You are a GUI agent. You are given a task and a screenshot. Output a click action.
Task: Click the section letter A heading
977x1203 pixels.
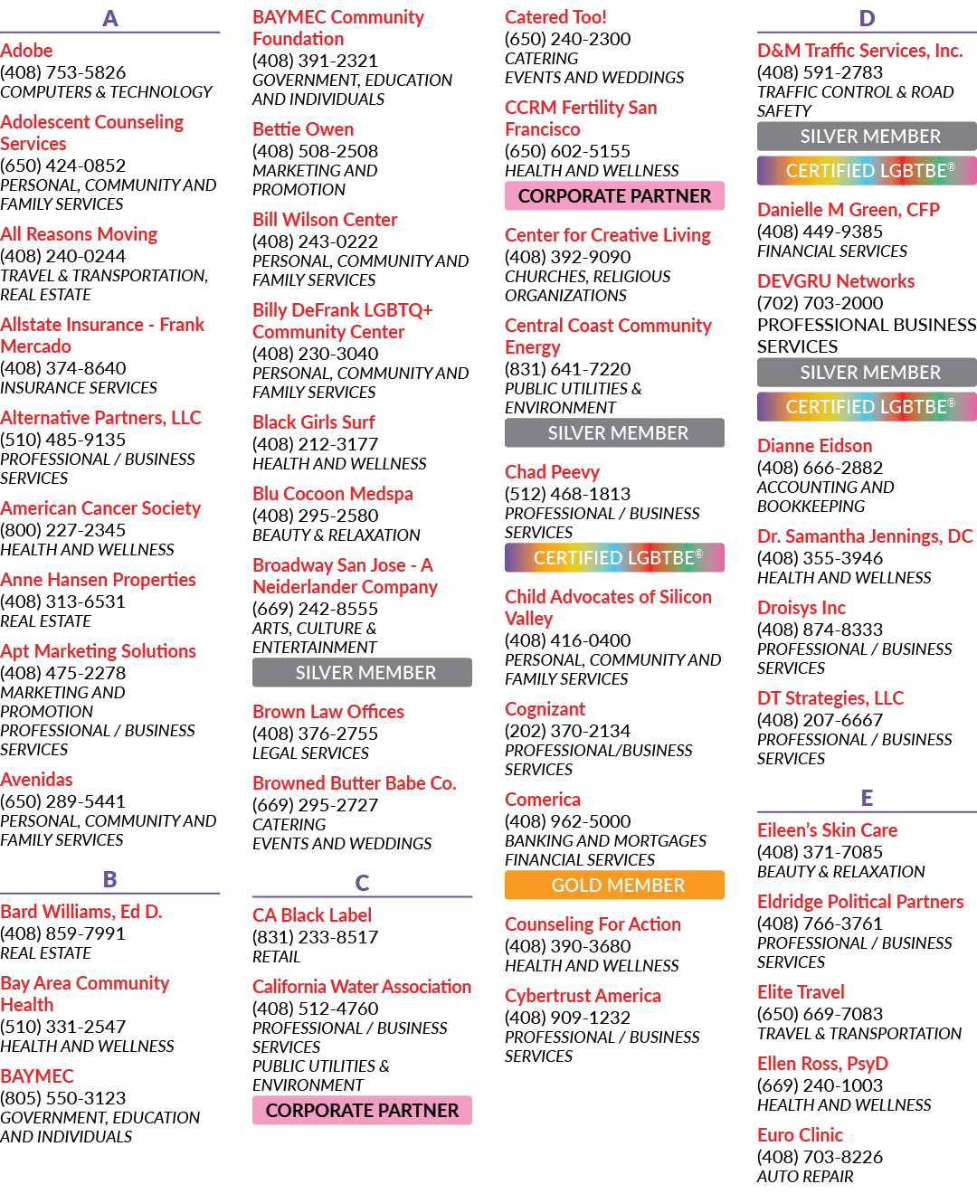[110, 19]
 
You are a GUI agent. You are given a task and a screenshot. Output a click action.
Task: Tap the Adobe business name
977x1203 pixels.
[26, 51]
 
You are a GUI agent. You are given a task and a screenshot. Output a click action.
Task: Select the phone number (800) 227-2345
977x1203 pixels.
[62, 530]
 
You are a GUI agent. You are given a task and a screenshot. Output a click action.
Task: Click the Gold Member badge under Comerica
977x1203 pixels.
[614, 885]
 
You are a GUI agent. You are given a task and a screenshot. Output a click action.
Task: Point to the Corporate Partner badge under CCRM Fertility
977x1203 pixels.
[614, 196]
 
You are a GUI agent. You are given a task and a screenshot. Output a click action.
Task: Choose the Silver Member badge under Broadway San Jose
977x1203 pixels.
[362, 673]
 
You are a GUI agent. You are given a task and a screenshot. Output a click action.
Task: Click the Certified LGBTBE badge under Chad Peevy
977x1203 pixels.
[614, 558]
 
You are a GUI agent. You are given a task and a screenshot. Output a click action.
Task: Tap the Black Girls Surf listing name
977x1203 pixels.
[313, 422]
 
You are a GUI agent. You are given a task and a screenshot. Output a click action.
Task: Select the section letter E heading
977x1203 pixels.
[867, 798]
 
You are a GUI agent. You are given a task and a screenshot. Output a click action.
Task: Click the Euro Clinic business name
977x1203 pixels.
[800, 1135]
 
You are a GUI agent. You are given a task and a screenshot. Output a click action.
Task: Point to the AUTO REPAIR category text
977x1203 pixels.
[805, 1177]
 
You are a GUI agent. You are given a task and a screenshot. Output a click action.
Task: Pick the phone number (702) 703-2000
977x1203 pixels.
[820, 303]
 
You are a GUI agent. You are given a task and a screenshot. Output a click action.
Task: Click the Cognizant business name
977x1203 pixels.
[545, 709]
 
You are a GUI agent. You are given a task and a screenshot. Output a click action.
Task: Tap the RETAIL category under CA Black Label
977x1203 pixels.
[276, 957]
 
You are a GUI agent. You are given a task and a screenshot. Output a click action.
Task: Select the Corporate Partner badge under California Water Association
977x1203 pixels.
[362, 1111]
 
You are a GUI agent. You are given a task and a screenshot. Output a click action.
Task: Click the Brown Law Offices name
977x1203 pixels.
[328, 712]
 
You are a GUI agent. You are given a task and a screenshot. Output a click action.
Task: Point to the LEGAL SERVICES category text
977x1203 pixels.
[310, 753]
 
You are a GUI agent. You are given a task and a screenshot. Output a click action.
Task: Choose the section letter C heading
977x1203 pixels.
[362, 883]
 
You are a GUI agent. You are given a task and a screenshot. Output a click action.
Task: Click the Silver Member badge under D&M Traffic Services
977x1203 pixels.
[867, 136]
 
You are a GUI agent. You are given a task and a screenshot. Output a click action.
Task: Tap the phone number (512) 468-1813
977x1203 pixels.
[567, 494]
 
